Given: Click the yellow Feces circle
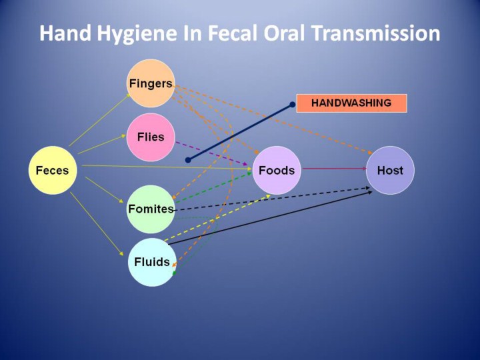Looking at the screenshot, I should [52, 170].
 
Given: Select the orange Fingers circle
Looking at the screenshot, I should [150, 83].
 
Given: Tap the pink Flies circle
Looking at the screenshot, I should [150, 137].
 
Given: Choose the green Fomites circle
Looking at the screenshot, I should [151, 209].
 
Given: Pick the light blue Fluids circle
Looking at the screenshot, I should [151, 261].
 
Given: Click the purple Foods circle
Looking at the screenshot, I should [277, 170].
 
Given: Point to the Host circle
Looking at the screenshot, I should [390, 170].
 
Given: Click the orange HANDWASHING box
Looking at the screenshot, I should [351, 103].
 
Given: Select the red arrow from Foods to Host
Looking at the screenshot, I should [333, 169].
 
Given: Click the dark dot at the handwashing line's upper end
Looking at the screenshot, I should [292, 105].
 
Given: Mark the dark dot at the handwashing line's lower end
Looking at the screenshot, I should [188, 160].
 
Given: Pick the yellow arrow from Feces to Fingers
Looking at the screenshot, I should [100, 119].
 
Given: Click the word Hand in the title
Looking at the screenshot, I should [62, 33].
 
